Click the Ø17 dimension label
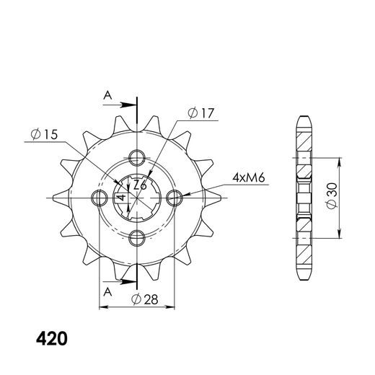[200, 113]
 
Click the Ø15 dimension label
[45, 134]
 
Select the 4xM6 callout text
[249, 177]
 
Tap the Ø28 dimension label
[145, 299]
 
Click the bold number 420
[52, 339]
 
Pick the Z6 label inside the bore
[140, 185]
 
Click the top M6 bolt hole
[137, 158]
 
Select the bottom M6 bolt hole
[137, 238]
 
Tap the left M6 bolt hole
[100, 198]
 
